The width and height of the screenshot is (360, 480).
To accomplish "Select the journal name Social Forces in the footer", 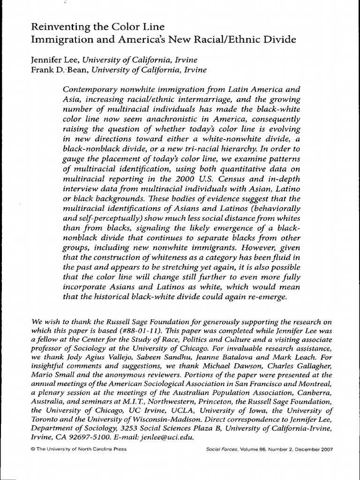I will [x=220, y=449].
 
